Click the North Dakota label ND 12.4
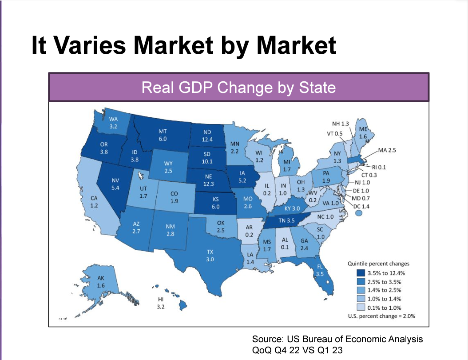207,136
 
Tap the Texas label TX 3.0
210,256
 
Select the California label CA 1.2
94,202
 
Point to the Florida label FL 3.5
320,270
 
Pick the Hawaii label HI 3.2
161,304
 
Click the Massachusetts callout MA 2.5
386,151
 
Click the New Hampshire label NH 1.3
341,123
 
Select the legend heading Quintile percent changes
378,264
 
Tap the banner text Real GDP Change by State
238,87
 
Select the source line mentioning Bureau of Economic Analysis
337,339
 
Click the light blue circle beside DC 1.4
359,213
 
